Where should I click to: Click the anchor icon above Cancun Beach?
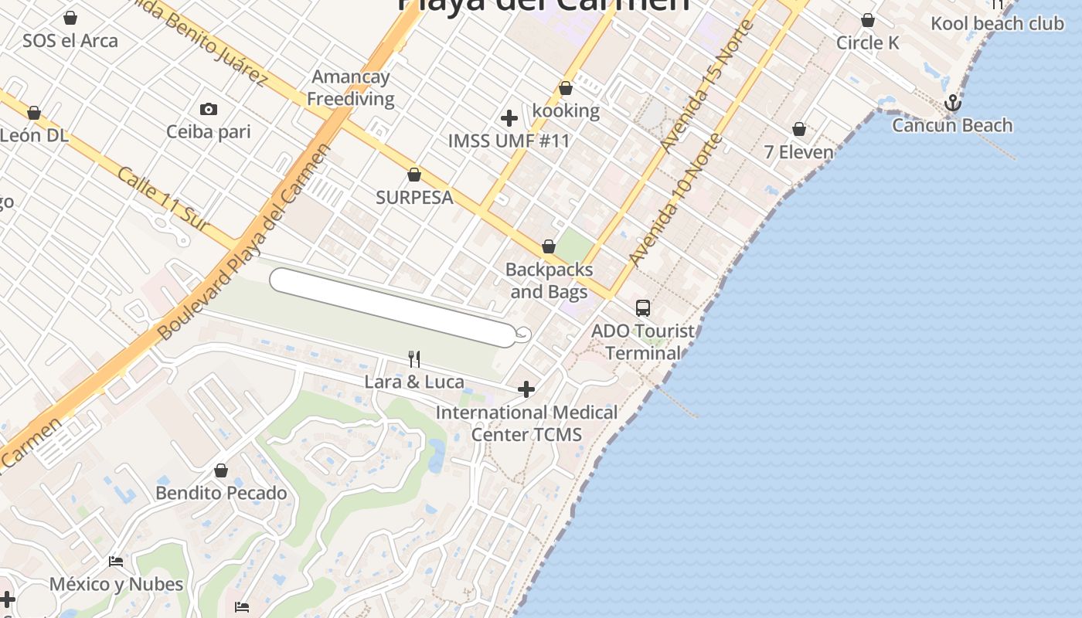(x=952, y=103)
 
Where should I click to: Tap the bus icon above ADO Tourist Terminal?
(x=642, y=308)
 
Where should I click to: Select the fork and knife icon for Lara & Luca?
(x=414, y=358)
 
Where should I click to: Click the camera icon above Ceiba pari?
(x=208, y=109)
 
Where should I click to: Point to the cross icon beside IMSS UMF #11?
(x=509, y=118)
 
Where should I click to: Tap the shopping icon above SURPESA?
(x=414, y=175)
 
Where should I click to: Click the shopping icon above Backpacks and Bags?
(x=549, y=246)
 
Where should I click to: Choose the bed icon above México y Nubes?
(x=116, y=561)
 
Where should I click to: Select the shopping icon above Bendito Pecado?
(x=221, y=470)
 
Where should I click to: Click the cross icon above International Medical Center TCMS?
(x=526, y=389)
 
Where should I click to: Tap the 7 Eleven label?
(x=799, y=152)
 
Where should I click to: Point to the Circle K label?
(x=867, y=42)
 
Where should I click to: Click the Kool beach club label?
(x=997, y=23)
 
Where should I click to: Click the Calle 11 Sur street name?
(x=163, y=199)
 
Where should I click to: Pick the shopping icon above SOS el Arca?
(x=70, y=17)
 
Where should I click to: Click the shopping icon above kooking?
(x=566, y=88)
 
